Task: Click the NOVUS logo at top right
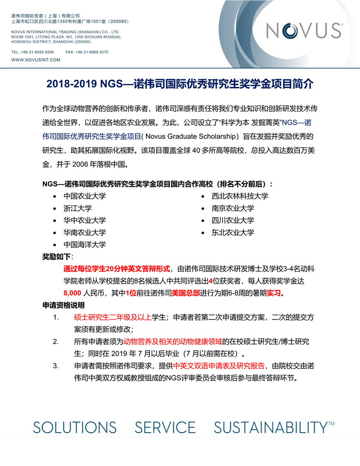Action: (x=303, y=30)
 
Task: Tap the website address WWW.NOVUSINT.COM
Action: (x=30, y=59)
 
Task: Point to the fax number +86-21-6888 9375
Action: (x=94, y=52)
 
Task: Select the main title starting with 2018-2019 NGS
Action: (x=180, y=84)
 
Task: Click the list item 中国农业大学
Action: (x=85, y=196)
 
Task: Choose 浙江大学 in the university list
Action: (x=77, y=208)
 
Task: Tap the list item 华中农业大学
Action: (x=85, y=220)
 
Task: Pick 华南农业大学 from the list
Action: (x=85, y=232)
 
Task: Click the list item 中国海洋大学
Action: (x=85, y=244)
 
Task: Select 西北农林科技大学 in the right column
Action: (x=240, y=196)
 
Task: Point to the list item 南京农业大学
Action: (x=233, y=208)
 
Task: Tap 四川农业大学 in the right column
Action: (x=233, y=220)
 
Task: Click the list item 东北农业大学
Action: (x=233, y=232)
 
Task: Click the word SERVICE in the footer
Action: (x=165, y=427)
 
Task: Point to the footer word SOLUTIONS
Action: (x=75, y=427)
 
